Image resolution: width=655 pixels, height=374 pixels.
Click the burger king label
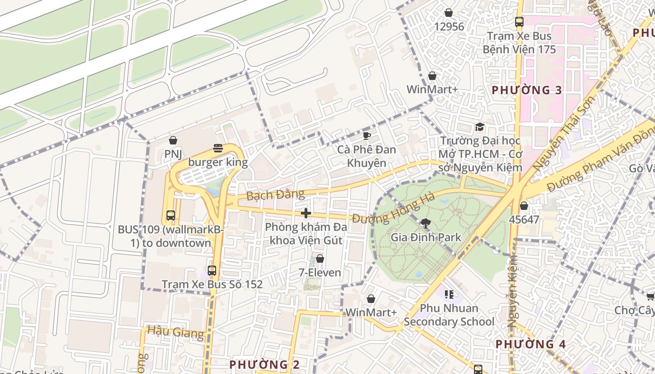218,163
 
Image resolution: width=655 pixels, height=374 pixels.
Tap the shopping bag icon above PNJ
173,140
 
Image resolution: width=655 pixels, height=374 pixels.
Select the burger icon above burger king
218,148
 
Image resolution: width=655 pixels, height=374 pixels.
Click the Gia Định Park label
426,237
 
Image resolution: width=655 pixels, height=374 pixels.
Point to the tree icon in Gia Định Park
425,223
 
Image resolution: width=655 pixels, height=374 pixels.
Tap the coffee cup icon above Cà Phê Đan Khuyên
367,136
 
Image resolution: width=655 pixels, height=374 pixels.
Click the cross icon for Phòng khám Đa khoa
306,213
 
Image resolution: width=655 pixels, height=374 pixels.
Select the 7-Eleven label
320,272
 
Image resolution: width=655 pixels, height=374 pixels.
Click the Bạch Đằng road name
275,194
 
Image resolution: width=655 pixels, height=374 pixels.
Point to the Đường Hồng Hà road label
393,209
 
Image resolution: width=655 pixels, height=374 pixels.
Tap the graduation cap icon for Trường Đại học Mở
480,127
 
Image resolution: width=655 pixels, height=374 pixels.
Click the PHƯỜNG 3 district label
526,90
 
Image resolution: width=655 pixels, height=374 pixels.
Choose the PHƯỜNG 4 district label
531,344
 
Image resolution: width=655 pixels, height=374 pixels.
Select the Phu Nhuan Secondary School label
449,315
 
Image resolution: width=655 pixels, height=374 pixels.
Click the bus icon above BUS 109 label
171,216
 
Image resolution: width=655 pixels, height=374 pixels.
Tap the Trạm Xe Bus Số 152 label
212,284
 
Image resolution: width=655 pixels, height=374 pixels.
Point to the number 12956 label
449,27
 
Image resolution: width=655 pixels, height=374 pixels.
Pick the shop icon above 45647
524,205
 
